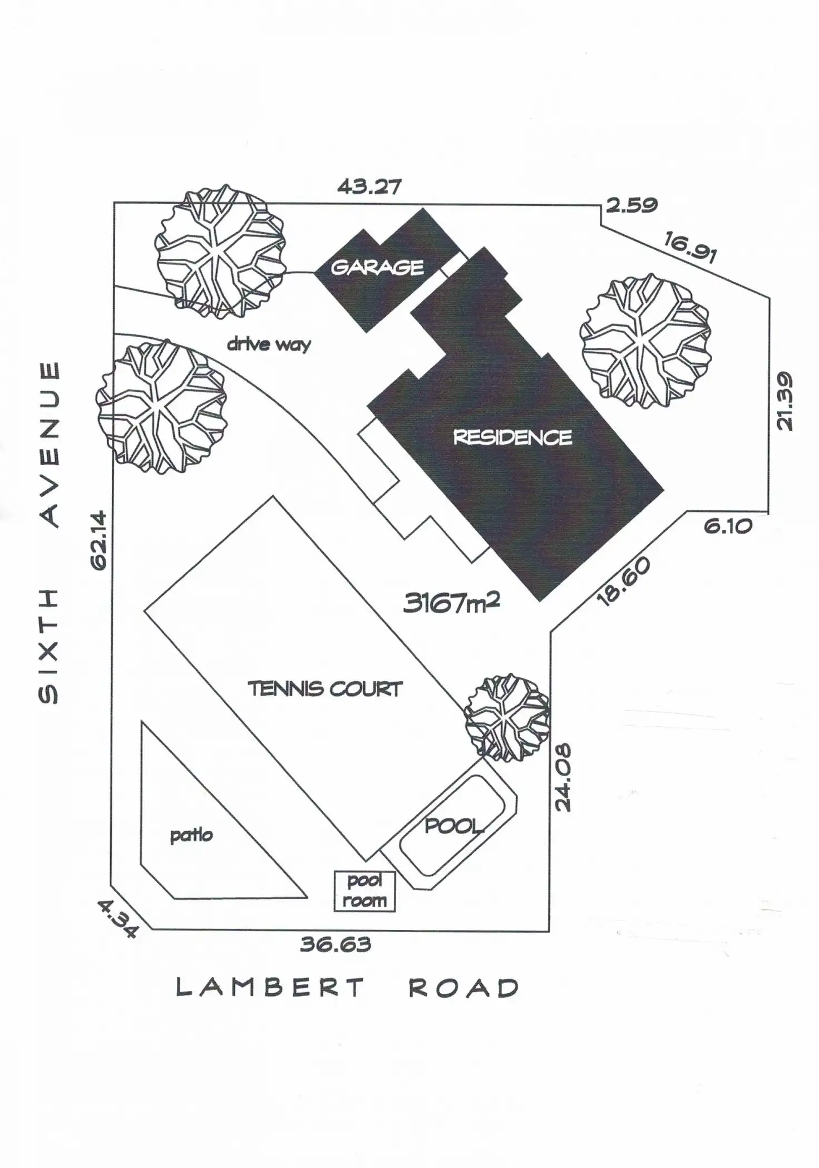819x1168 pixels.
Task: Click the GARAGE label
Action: (377, 268)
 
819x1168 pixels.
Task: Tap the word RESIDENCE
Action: (512, 437)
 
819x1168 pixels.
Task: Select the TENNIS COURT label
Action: (324, 689)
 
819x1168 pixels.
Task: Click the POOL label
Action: (453, 826)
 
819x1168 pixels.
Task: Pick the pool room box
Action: (364, 890)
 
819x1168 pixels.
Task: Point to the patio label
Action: (191, 835)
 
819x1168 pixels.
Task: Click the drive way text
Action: (269, 344)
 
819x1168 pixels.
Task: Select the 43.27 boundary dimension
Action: (369, 186)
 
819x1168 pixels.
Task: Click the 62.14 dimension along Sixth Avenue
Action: (100, 540)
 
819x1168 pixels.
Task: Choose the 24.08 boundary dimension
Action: (563, 777)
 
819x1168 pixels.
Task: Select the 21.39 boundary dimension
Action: (784, 401)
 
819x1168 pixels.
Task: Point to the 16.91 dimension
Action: (690, 248)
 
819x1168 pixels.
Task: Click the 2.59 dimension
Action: (631, 205)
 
